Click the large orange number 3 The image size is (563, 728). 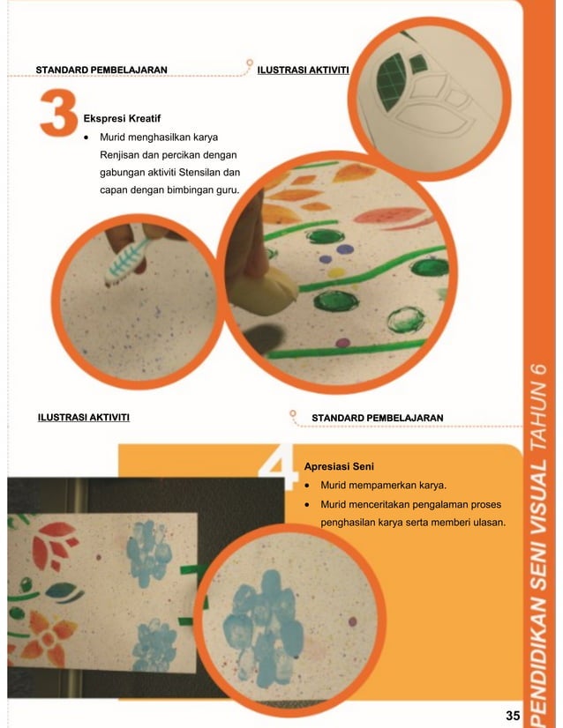(58, 113)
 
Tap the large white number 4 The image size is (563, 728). (279, 467)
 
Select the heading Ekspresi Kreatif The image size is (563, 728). (122, 118)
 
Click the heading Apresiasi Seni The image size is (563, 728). (339, 466)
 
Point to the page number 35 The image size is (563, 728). (513, 716)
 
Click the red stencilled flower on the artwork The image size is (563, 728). (55, 545)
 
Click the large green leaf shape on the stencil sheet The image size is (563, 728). (389, 80)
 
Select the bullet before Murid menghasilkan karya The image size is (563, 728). (86, 137)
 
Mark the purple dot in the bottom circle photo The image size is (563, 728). (352, 621)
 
